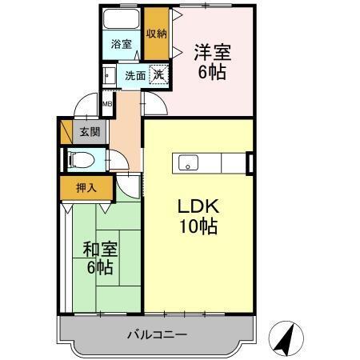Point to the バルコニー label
coord(157,334)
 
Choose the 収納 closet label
coord(157,34)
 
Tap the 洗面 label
coord(135,76)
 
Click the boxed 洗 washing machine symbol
coord(160,74)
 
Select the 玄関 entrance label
coord(87,132)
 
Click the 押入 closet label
coord(86,189)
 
